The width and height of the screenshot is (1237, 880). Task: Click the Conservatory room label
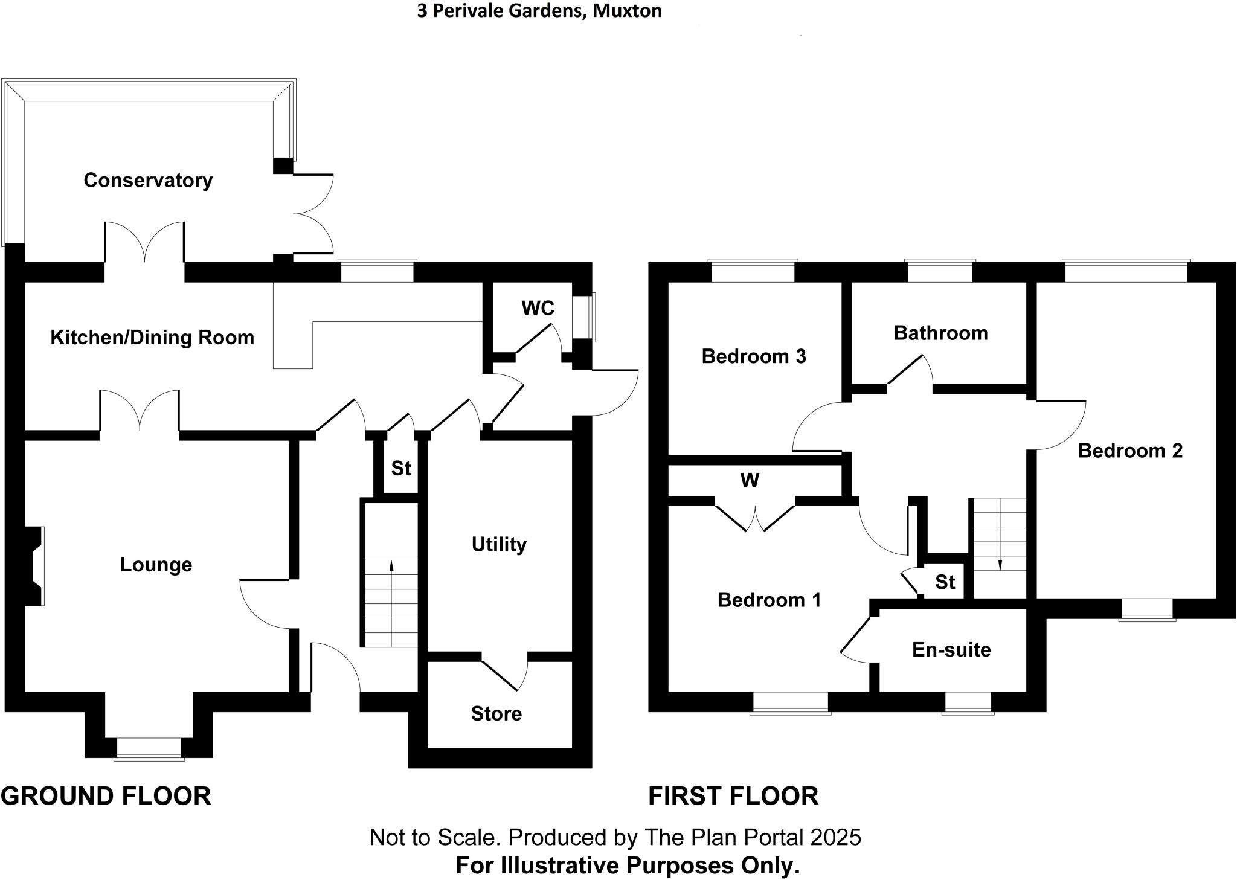click(148, 180)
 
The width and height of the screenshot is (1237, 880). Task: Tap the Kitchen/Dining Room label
click(152, 337)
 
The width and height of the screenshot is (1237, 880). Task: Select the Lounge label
click(156, 564)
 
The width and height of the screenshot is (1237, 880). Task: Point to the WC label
click(538, 308)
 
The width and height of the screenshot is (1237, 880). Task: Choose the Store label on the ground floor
click(496, 713)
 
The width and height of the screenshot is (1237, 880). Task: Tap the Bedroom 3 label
click(754, 356)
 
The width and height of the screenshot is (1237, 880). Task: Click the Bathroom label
click(940, 333)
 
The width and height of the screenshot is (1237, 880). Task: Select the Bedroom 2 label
click(1130, 451)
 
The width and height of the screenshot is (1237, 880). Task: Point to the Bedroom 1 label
click(769, 600)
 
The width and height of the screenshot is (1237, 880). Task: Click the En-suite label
click(951, 649)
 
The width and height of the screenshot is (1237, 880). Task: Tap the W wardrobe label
click(750, 481)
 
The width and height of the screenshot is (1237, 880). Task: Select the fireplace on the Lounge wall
click(34, 565)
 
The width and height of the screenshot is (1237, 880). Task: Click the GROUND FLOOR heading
click(106, 796)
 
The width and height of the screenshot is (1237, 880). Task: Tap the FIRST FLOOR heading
click(733, 796)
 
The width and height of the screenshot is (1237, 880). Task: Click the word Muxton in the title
click(627, 11)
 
